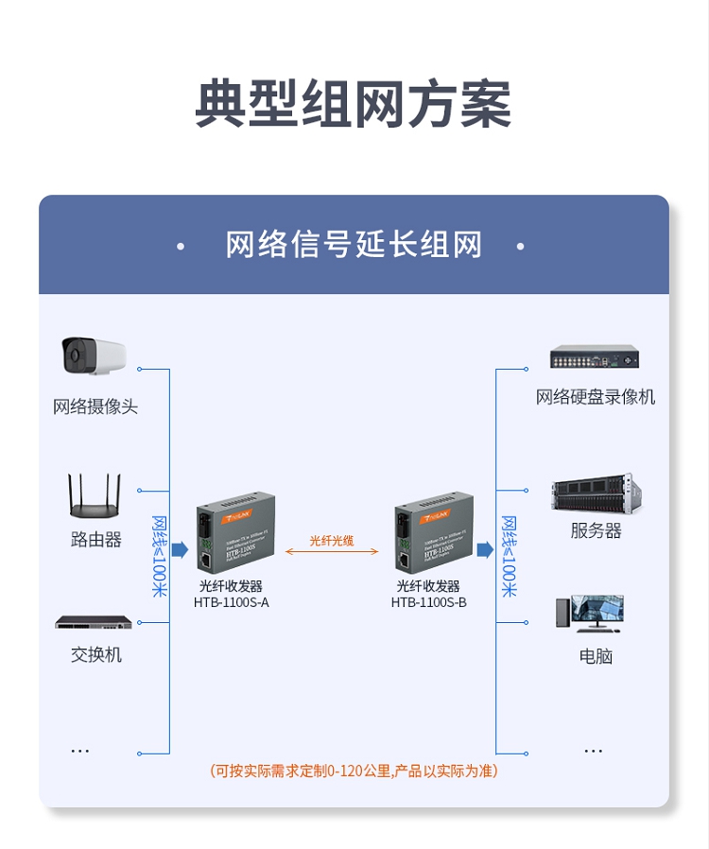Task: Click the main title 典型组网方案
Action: [354, 103]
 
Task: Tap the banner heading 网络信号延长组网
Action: [354, 245]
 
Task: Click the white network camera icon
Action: [95, 357]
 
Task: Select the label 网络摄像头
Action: [95, 407]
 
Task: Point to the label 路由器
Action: [95, 540]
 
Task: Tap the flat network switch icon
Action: [94, 622]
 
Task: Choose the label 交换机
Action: [95, 654]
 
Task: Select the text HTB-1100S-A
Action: [232, 602]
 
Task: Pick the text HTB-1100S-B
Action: [429, 602]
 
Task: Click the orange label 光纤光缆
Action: [331, 541]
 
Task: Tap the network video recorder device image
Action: [596, 357]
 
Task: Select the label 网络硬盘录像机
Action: [596, 397]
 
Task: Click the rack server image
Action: [596, 495]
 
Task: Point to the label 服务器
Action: [596, 531]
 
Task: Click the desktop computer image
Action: [592, 613]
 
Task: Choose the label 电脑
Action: [596, 656]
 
